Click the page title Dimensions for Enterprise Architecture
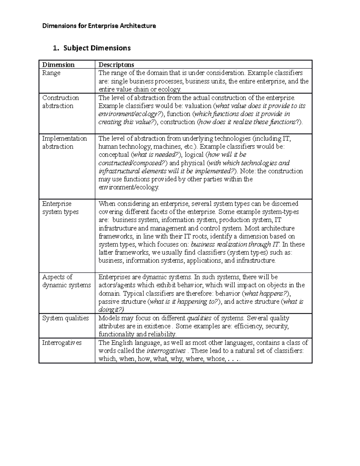click(x=99, y=26)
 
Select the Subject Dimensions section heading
click(x=97, y=48)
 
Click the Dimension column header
click(x=58, y=65)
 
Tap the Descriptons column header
click(x=116, y=65)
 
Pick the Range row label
click(x=51, y=73)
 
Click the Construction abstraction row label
click(x=60, y=102)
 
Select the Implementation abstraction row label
click(x=64, y=143)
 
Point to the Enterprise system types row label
click(x=60, y=208)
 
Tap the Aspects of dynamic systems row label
click(x=66, y=281)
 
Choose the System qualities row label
click(x=65, y=318)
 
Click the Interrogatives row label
click(x=62, y=343)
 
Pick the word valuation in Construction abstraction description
click(x=198, y=106)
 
